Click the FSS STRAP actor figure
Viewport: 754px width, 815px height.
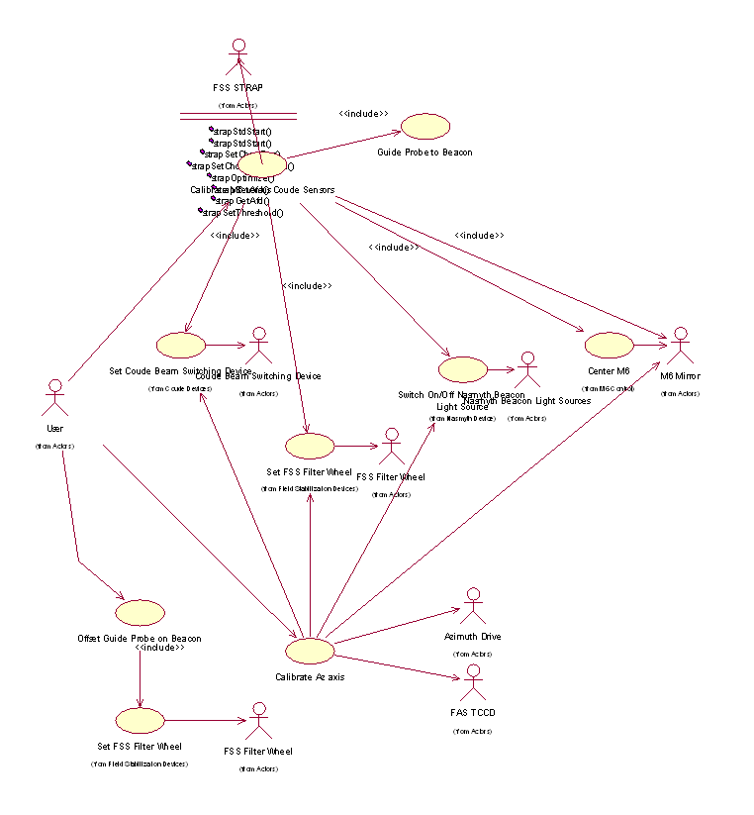(x=237, y=58)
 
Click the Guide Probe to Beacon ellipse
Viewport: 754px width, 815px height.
(x=424, y=126)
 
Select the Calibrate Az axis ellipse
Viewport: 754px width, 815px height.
(x=310, y=651)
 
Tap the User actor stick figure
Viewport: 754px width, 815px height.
(x=55, y=398)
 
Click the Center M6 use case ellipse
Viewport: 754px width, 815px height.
(x=609, y=346)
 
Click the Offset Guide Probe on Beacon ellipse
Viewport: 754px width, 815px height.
(x=140, y=612)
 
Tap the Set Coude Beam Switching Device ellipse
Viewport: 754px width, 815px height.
(x=181, y=345)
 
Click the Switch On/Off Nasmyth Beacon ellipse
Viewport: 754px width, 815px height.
(x=463, y=369)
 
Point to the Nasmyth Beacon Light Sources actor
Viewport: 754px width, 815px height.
(x=526, y=369)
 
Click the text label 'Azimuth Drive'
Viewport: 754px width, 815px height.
(x=473, y=637)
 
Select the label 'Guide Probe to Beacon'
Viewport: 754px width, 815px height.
(x=424, y=153)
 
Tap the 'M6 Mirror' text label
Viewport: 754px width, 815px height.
(x=680, y=376)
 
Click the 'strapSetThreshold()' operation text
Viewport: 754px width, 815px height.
(x=243, y=212)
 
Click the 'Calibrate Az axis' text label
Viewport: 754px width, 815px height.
(x=310, y=676)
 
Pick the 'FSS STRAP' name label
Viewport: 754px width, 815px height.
(x=237, y=87)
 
